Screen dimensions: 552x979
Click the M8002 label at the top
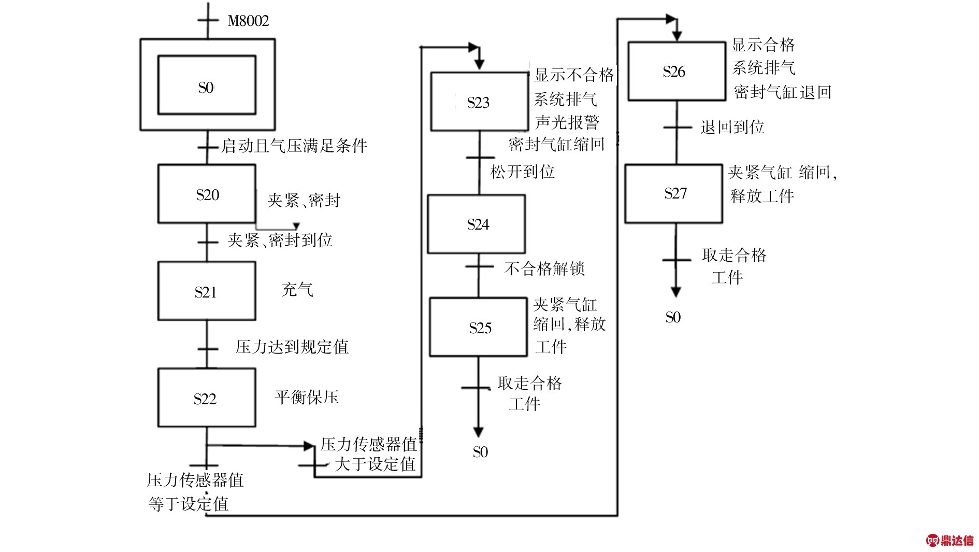[x=248, y=21]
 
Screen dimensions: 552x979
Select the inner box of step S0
[x=206, y=85]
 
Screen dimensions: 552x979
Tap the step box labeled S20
[x=207, y=194]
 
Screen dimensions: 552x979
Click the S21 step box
[x=207, y=291]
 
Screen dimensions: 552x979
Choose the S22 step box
[x=207, y=398]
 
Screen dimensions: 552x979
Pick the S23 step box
[x=479, y=102]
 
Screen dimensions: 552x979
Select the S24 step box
[x=476, y=224]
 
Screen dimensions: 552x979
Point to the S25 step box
[x=478, y=327]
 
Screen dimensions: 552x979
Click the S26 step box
[x=676, y=71]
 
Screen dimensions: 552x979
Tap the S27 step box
[x=673, y=193]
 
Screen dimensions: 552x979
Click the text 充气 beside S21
[x=297, y=289]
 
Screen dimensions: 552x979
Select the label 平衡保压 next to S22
[x=307, y=398]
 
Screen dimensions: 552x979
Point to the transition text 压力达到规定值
[x=292, y=347]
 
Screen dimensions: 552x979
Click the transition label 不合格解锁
[x=544, y=268]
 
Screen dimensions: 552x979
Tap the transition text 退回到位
[x=732, y=127]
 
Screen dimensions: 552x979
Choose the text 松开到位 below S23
[x=522, y=172]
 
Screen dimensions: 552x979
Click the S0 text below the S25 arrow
[x=480, y=452]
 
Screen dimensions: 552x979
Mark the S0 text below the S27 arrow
[x=672, y=317]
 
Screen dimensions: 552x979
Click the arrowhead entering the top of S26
[x=676, y=36]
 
